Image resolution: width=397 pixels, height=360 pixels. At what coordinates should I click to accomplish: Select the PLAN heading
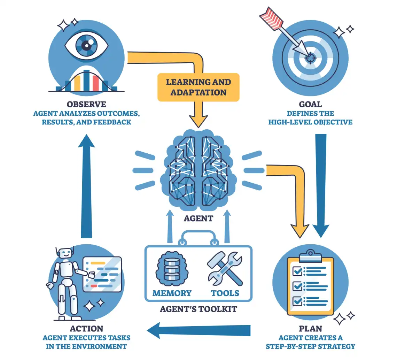tap(310, 328)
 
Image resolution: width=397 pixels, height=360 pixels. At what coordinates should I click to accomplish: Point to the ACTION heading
tap(86, 328)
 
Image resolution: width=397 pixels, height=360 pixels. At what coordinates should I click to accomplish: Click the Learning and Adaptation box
tap(198, 87)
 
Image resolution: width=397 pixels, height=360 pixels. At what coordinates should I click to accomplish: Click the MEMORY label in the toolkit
tap(172, 293)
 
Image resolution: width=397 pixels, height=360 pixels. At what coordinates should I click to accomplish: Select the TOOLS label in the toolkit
tap(225, 293)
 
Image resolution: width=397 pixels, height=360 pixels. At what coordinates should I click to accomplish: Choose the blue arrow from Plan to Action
tap(198, 330)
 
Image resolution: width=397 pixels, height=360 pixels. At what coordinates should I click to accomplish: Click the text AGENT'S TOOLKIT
tap(198, 309)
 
